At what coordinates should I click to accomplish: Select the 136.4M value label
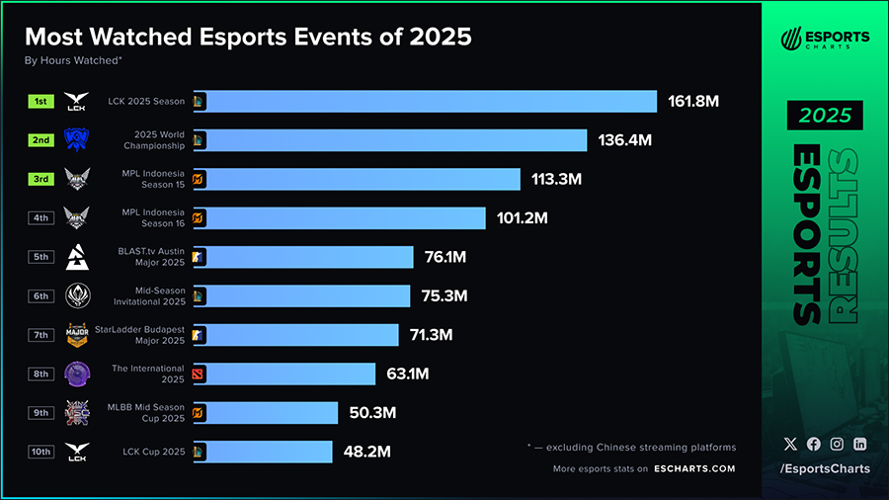pyautogui.click(x=625, y=140)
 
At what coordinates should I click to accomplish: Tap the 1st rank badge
pyautogui.click(x=40, y=102)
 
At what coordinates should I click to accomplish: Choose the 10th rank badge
pyautogui.click(x=40, y=452)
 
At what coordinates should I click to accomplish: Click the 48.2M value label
pyautogui.click(x=366, y=452)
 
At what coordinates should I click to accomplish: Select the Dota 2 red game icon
pyautogui.click(x=199, y=374)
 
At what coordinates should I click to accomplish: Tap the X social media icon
pyautogui.click(x=789, y=445)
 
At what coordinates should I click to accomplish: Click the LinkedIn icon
pyautogui.click(x=859, y=445)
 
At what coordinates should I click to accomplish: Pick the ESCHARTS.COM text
pyautogui.click(x=694, y=468)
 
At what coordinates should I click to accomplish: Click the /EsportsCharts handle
pyautogui.click(x=825, y=468)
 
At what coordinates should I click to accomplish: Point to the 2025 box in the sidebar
pyautogui.click(x=825, y=116)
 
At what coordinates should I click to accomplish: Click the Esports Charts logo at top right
pyautogui.click(x=825, y=40)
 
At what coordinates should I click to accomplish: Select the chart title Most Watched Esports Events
pyautogui.click(x=248, y=37)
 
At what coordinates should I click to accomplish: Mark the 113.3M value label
pyautogui.click(x=555, y=179)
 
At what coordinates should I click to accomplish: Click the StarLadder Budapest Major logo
pyautogui.click(x=77, y=334)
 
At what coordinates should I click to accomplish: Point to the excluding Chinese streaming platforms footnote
pyautogui.click(x=631, y=448)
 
